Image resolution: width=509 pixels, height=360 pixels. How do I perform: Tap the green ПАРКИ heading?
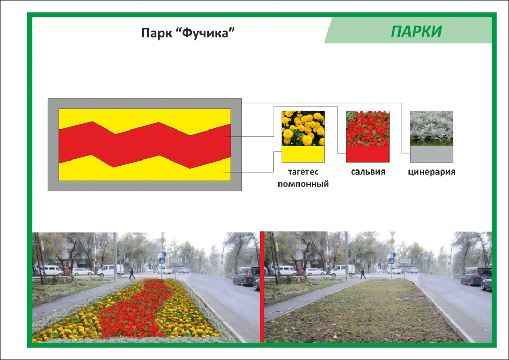pyautogui.click(x=416, y=32)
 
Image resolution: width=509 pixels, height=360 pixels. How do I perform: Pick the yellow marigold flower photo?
pyautogui.click(x=303, y=128)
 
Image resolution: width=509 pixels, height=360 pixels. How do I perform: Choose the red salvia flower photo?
pyautogui.click(x=367, y=128)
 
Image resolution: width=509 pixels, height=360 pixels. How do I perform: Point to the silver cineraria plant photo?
pyautogui.click(x=432, y=128)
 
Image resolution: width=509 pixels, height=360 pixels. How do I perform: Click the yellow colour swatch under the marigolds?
pyautogui.click(x=303, y=154)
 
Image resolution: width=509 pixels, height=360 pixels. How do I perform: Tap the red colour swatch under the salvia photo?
pyautogui.click(x=367, y=154)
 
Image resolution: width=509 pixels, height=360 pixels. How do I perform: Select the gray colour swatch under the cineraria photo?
pyautogui.click(x=432, y=154)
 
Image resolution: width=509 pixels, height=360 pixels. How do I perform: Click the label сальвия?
pyautogui.click(x=368, y=172)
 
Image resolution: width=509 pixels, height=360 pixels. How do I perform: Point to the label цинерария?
pyautogui.click(x=432, y=172)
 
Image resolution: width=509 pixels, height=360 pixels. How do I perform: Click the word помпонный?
pyautogui.click(x=303, y=184)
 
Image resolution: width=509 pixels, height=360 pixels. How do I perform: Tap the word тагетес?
pyautogui.click(x=303, y=172)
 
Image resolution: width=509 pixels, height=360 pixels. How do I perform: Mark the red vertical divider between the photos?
pyautogui.click(x=262, y=287)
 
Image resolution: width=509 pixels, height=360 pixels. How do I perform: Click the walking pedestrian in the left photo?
pyautogui.click(x=132, y=273)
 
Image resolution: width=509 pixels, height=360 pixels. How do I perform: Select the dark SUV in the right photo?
pyautogui.click(x=475, y=276)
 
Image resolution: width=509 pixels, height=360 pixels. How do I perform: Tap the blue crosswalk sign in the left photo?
pyautogui.click(x=162, y=261)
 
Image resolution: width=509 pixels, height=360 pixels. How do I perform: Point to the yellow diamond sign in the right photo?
pyautogui.click(x=392, y=241)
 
